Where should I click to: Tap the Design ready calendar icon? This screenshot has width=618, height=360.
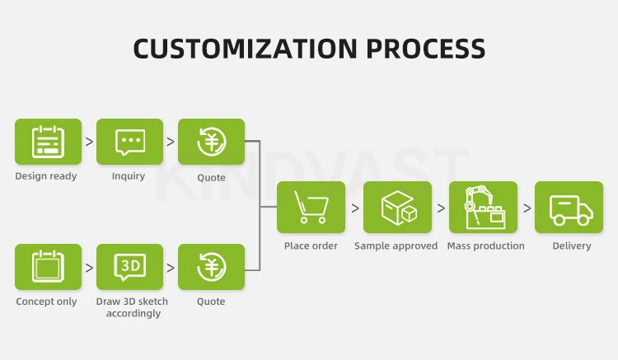tap(48, 142)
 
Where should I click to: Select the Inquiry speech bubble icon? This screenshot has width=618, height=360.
tap(129, 142)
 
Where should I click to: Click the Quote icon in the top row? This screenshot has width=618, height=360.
tap(211, 142)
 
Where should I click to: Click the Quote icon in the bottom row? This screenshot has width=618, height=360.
tap(211, 266)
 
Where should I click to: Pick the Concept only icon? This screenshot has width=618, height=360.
tap(48, 266)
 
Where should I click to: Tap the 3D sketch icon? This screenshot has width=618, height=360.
tap(129, 266)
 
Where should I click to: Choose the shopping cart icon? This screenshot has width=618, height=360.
tap(311, 206)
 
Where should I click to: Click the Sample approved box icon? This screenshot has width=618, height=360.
tap(398, 206)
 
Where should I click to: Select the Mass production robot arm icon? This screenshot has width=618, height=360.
tap(483, 206)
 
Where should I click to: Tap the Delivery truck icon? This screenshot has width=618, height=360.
tap(569, 206)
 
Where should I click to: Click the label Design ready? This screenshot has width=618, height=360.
tap(46, 176)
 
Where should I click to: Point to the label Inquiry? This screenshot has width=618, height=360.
tap(129, 176)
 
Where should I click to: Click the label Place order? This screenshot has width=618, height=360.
tap(311, 245)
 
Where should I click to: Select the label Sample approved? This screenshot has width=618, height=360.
tap(396, 245)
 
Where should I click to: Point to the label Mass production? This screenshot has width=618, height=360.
tap(485, 245)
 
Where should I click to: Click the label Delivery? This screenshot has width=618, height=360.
tap(571, 245)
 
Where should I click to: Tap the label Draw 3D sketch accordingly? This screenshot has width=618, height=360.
tap(132, 307)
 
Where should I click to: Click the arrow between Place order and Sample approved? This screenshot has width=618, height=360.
tap(355, 208)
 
